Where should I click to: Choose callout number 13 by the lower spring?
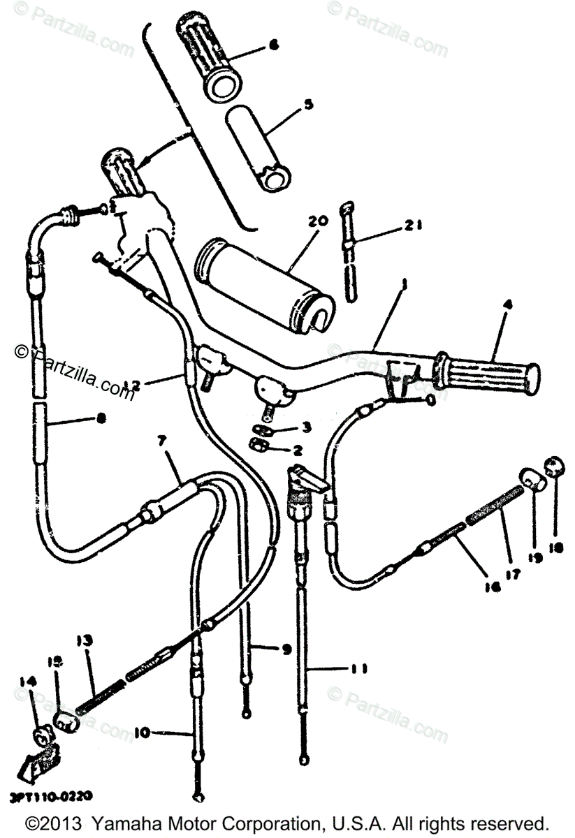pyautogui.click(x=85, y=640)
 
